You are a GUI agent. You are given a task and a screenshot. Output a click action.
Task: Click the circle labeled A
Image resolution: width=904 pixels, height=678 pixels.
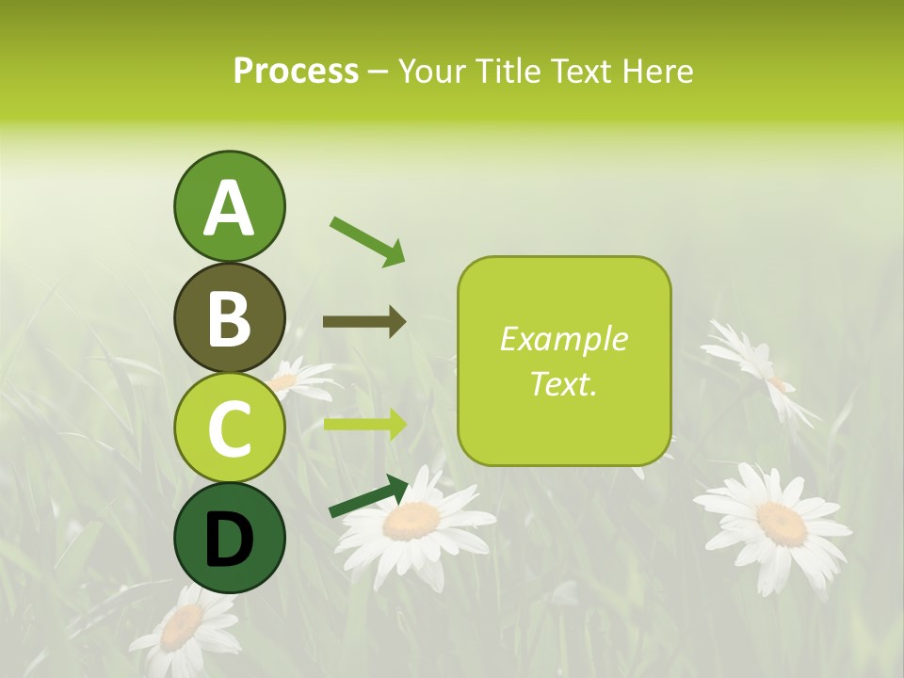[x=229, y=207]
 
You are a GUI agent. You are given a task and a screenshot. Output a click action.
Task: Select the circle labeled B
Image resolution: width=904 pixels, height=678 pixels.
[x=229, y=317]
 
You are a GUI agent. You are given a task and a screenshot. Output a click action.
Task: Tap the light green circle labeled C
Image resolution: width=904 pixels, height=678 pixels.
[x=229, y=428]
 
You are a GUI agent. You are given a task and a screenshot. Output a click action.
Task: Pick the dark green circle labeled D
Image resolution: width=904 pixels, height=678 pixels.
[x=229, y=539]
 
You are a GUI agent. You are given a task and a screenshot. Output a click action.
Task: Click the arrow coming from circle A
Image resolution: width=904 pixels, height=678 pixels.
[x=367, y=241]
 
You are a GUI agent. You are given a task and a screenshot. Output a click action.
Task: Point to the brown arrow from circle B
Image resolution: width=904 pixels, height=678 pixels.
[x=364, y=322]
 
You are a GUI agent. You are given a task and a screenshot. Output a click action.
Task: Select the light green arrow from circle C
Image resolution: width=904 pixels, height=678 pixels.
[x=364, y=424]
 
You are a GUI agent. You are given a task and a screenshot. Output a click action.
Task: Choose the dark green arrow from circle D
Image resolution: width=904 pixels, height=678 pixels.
[x=368, y=496]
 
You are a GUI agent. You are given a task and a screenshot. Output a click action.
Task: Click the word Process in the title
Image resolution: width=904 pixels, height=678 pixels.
[x=296, y=71]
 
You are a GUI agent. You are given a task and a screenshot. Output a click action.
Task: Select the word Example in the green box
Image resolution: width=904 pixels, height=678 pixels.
[x=564, y=339]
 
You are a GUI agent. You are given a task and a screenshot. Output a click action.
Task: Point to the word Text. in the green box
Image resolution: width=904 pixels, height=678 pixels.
[x=564, y=383]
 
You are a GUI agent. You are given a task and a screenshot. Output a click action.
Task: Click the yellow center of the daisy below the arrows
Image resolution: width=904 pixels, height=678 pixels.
[x=412, y=520]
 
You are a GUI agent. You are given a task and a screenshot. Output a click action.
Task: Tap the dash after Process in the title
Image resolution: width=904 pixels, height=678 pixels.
[x=379, y=72]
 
